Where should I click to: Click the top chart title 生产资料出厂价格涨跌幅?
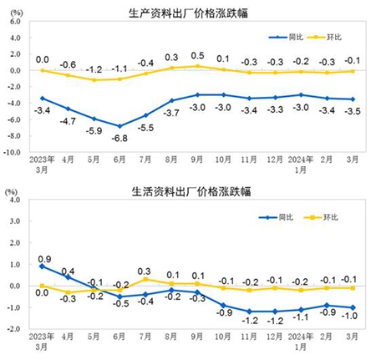click(188, 13)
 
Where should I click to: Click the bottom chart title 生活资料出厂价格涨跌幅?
click(191, 191)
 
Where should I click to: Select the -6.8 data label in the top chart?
click(119, 138)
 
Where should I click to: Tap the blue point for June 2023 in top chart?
click(119, 126)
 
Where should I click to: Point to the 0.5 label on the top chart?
click(197, 56)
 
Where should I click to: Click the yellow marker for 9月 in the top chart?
click(197, 66)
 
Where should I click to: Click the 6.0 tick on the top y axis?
click(15, 22)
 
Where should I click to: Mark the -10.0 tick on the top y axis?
click(12, 152)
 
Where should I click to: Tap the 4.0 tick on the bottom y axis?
click(15, 200)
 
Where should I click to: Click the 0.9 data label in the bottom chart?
click(44, 259)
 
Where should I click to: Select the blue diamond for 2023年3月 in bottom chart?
click(42, 266)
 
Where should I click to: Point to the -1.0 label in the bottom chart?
click(350, 316)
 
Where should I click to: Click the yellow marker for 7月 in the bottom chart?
click(145, 279)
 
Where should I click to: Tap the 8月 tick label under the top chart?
click(171, 160)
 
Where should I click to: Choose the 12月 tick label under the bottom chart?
click(275, 337)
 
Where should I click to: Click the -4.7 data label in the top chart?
click(68, 121)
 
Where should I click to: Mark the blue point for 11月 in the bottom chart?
click(249, 312)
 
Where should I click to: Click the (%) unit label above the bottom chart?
click(12, 191)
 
